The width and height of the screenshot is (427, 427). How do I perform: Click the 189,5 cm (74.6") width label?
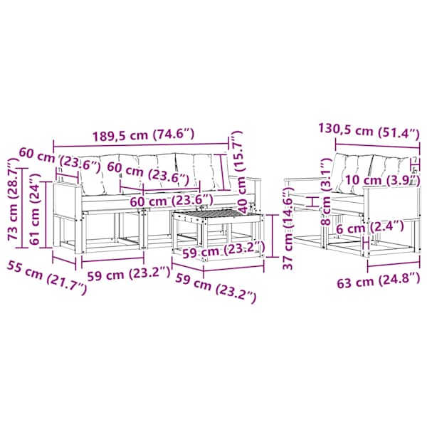pos(144,135)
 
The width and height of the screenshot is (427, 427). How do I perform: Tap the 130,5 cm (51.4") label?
pos(369,131)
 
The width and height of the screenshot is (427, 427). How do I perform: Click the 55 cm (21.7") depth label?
pos(47,277)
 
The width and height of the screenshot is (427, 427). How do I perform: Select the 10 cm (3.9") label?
pos(381,180)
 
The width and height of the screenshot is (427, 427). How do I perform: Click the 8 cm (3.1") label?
pos(326,193)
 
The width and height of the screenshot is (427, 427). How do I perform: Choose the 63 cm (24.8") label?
pos(379,280)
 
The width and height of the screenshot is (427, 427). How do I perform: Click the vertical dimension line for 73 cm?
pos(23,208)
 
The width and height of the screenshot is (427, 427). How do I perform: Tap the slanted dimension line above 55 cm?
pos(64,259)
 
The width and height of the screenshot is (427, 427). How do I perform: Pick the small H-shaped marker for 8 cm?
pos(312,202)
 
